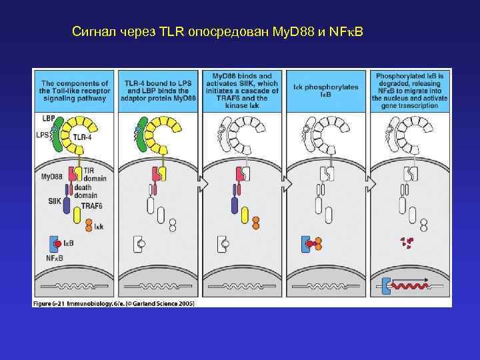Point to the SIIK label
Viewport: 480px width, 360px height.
[x=54, y=201]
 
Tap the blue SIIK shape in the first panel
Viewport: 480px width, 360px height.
[x=67, y=205]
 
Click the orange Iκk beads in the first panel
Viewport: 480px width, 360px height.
[x=89, y=227]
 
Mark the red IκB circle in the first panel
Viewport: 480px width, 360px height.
[x=59, y=244]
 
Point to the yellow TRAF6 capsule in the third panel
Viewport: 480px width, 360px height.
[x=244, y=215]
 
